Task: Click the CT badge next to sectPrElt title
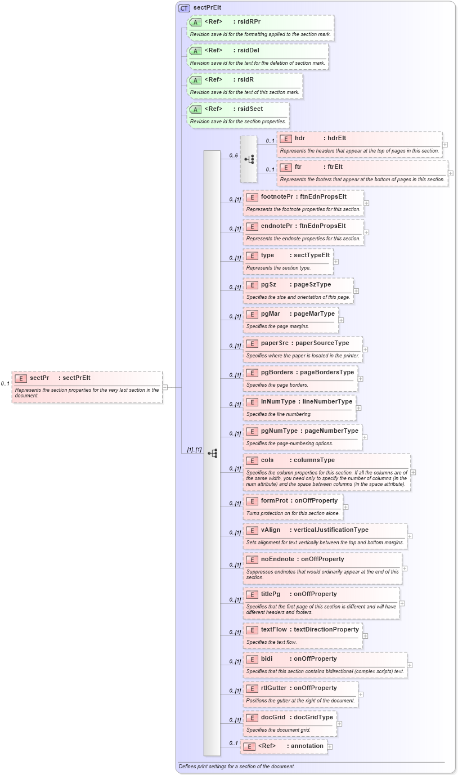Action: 184,8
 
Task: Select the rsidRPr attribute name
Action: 249,21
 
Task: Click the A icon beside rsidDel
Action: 195,51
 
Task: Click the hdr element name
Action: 300,138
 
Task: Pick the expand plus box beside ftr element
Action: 450,173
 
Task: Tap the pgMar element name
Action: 271,313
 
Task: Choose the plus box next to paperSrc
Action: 365,349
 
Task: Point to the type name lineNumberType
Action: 328,401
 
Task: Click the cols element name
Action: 267,460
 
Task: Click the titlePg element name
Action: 271,594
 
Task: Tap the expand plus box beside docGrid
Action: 339,724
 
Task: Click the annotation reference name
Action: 307,746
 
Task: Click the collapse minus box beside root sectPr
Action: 165,387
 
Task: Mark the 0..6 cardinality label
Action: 234,155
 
